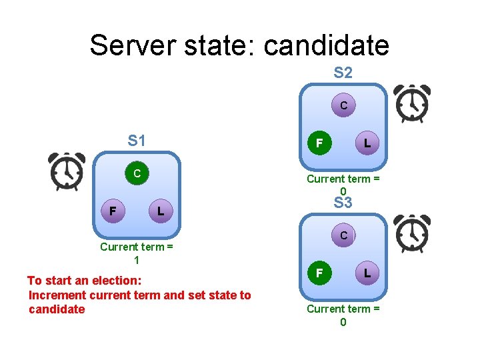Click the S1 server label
[137, 141]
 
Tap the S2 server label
[343, 73]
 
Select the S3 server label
[343, 203]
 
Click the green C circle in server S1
[136, 174]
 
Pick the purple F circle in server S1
[113, 211]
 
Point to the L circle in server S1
[160, 211]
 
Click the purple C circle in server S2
[343, 105]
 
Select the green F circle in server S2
[319, 143]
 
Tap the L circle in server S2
[367, 143]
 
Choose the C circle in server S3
[343, 235]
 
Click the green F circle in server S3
[319, 273]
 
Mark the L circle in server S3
[367, 273]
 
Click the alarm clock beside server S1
[67, 171]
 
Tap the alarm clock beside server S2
[411, 104]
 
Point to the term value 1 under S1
[137, 260]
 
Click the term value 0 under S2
[343, 192]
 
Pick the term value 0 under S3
[343, 322]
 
